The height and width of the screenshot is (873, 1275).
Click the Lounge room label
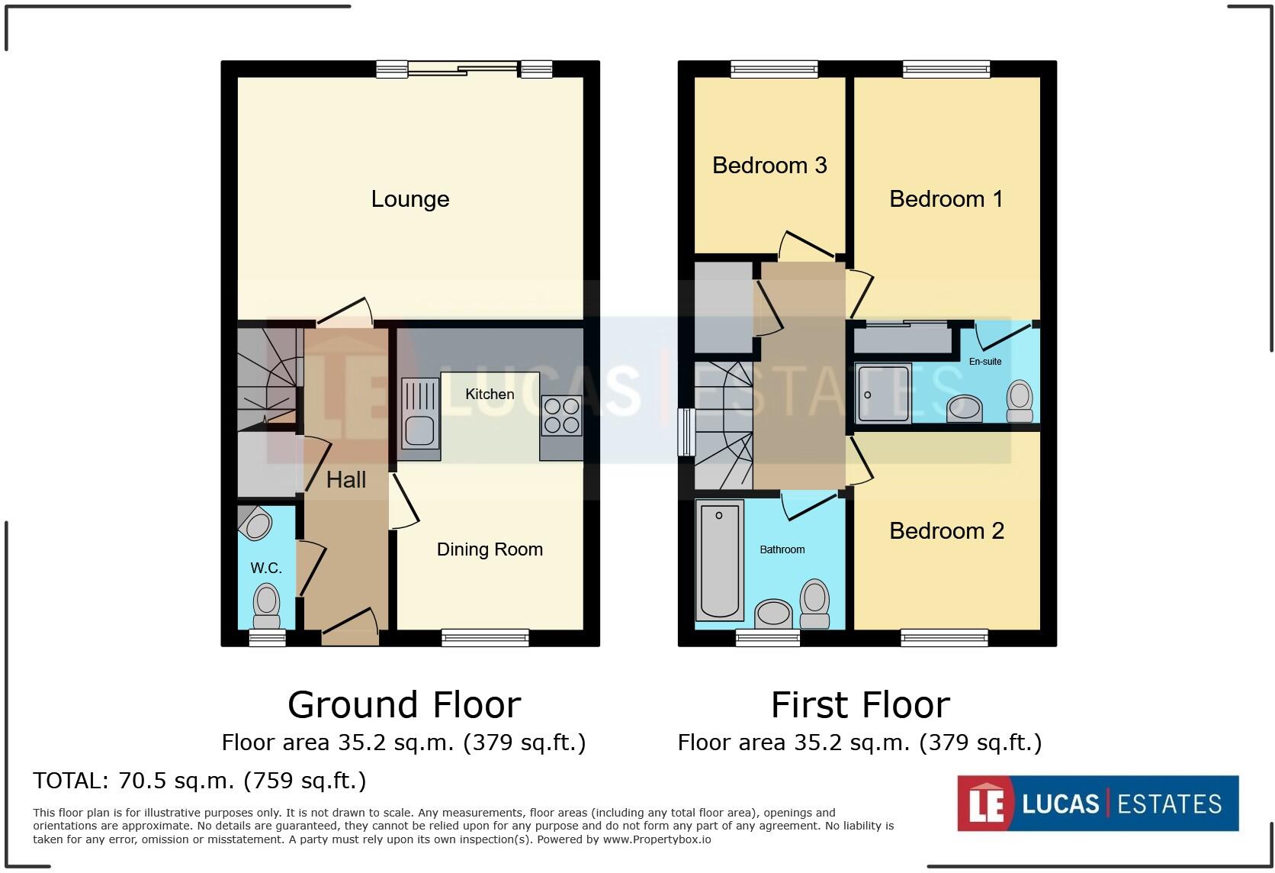pos(410,199)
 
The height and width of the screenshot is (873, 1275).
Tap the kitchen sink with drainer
pos(420,418)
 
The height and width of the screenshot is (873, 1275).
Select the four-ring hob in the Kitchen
pos(562,416)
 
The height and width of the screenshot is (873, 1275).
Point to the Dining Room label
pos(490,549)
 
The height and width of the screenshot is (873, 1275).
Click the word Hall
pos(346,480)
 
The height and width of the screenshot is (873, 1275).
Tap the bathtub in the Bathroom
pos(719,562)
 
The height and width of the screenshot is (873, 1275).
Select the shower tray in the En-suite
pos(883,394)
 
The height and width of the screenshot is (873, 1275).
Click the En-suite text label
pos(985,362)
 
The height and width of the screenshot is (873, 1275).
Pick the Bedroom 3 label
pos(769,166)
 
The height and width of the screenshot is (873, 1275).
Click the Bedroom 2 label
pos(946,531)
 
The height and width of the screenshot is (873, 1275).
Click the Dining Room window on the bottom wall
pos(486,637)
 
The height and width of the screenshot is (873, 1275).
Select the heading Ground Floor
pos(404,705)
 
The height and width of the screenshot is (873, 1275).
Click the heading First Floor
pos(860,705)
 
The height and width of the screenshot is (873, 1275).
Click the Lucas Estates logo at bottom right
pos(1097,804)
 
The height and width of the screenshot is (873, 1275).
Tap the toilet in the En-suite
pos(1020,401)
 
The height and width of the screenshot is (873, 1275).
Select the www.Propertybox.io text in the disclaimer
pos(657,839)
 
